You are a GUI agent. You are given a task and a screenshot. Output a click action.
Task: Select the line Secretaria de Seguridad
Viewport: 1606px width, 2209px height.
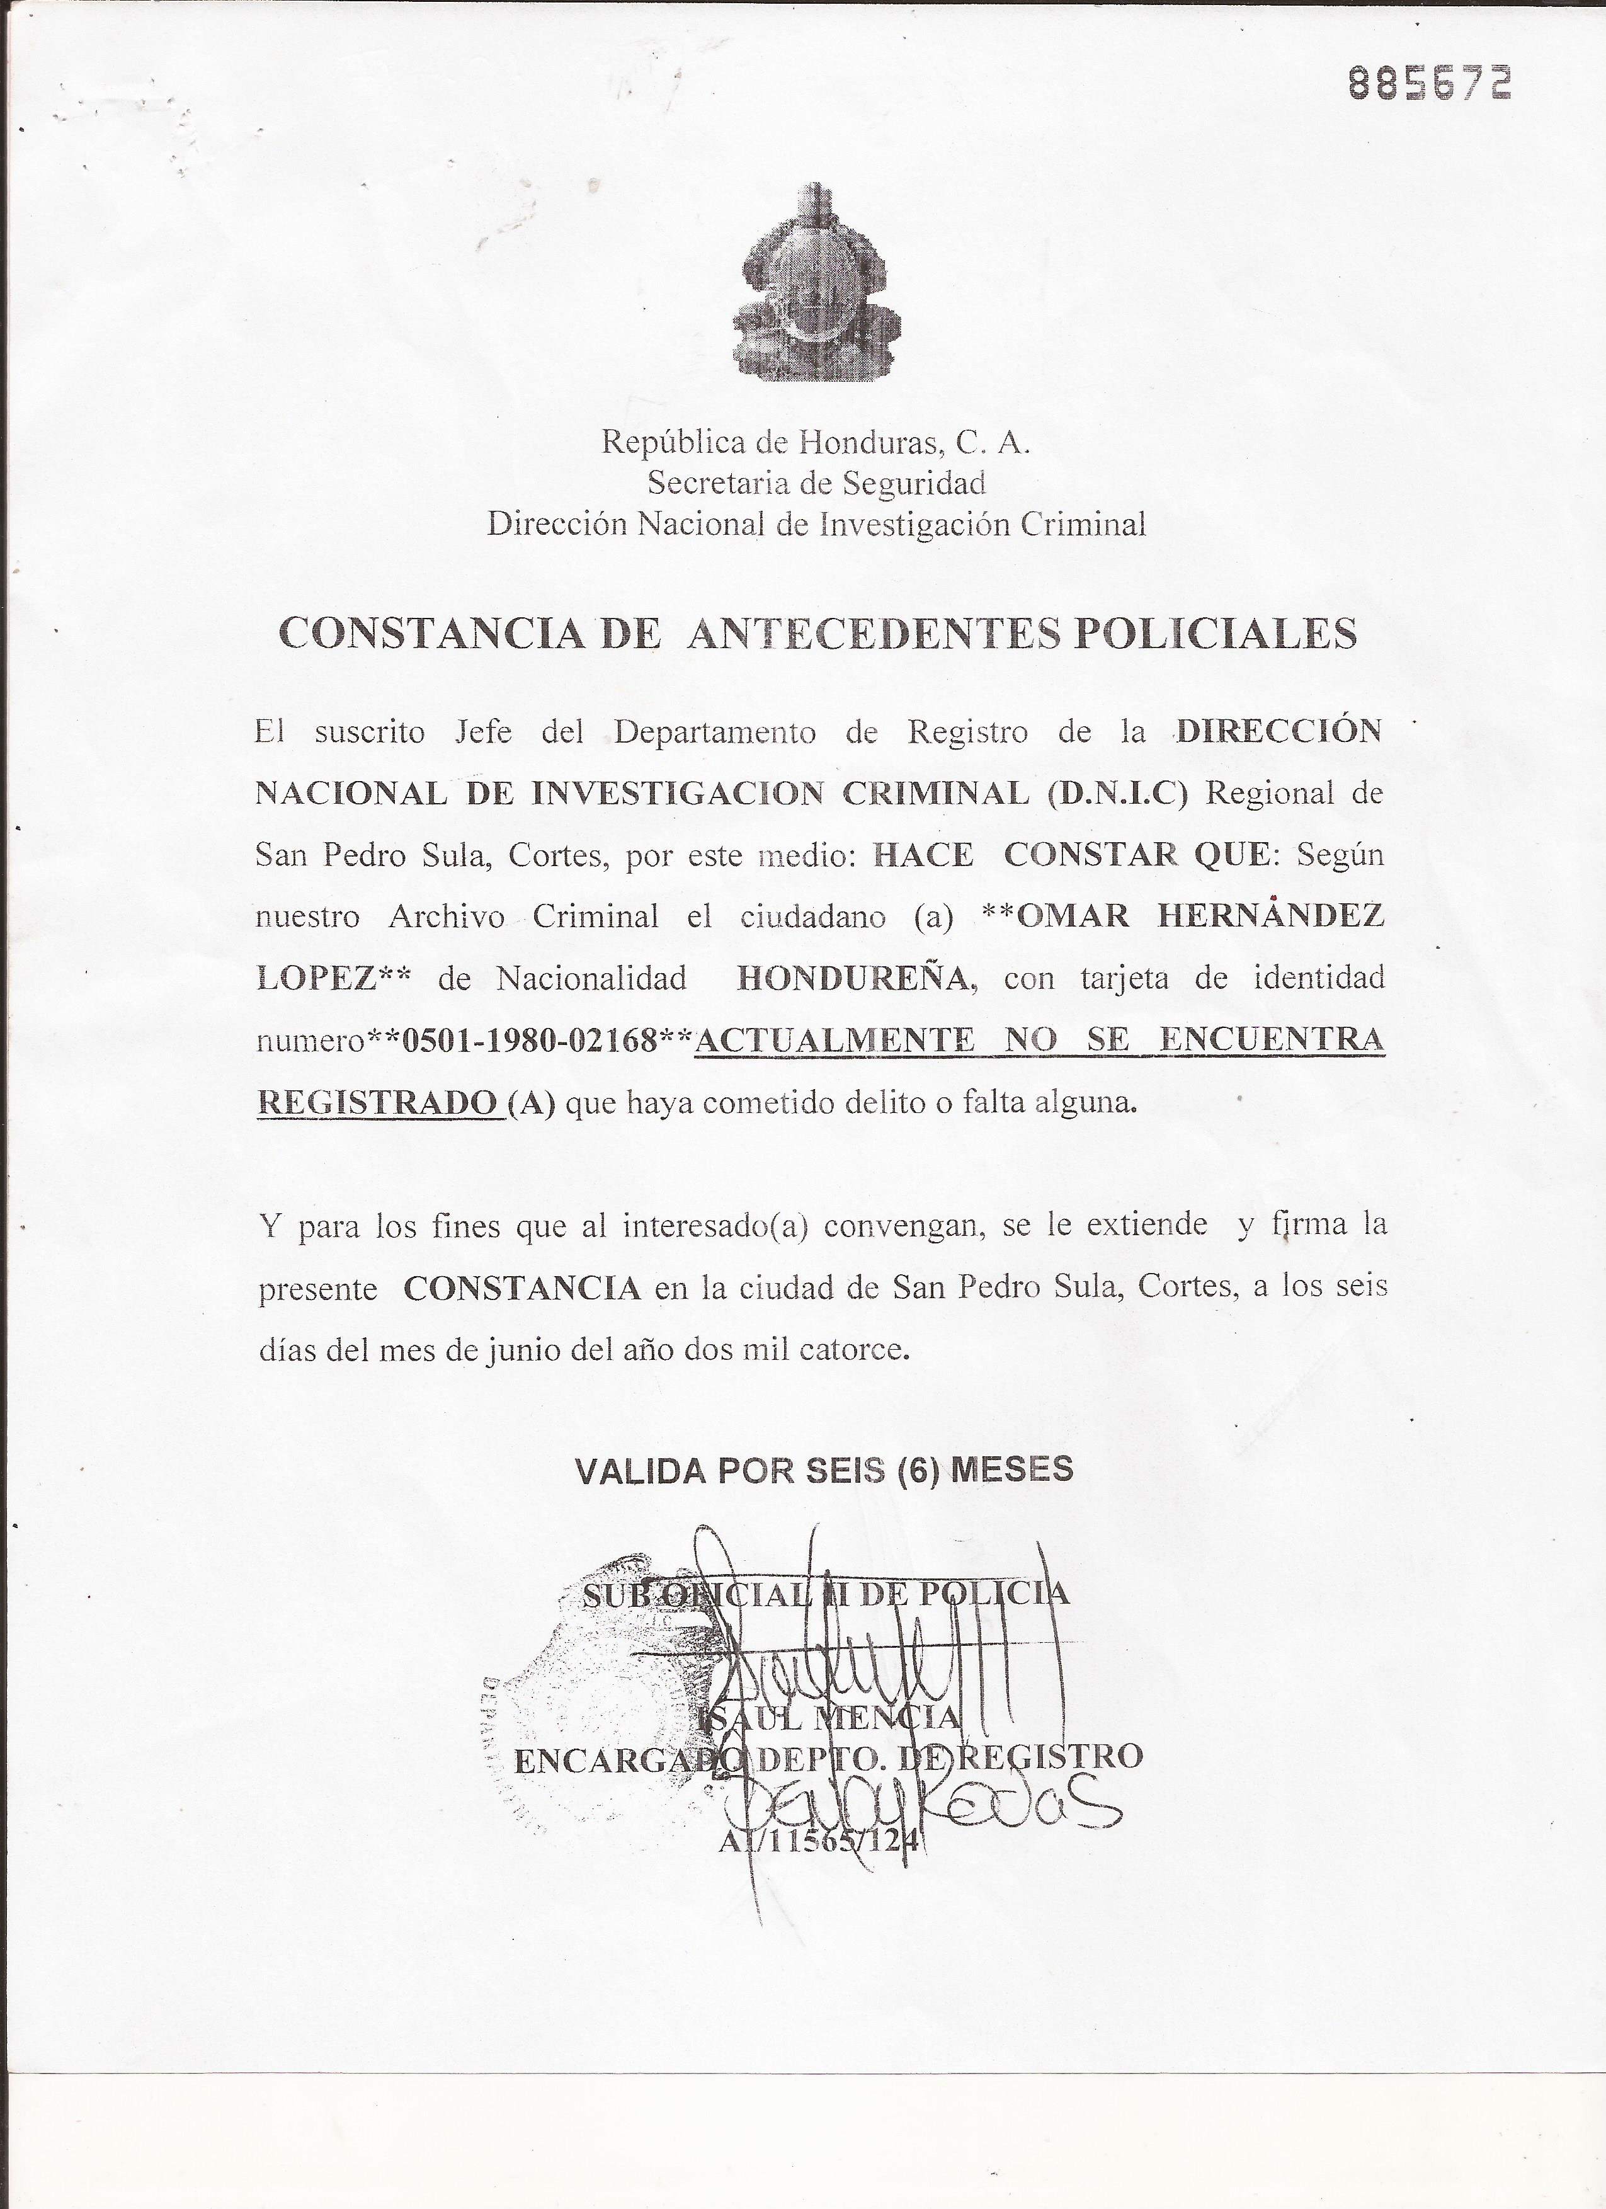click(816, 483)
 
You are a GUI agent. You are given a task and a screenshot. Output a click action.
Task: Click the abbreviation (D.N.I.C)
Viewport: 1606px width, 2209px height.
click(1118, 794)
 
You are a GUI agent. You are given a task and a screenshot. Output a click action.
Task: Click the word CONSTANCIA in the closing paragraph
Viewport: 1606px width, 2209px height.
click(522, 1289)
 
